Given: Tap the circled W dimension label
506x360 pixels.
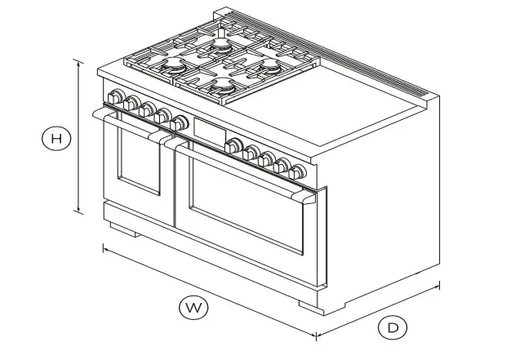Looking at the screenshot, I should tap(193, 307).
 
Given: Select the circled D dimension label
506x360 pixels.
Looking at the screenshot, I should tap(393, 328).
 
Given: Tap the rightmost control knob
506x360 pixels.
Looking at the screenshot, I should tap(299, 171).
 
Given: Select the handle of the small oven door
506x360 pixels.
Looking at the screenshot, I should tap(126, 124).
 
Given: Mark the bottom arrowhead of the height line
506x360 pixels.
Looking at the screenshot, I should tap(78, 211).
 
